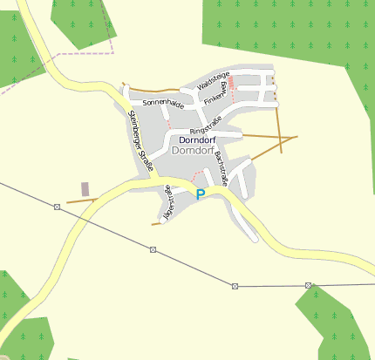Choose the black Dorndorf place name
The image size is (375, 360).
pos(197,139)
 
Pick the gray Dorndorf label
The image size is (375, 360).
pos(194,151)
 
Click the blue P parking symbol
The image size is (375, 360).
pos(201,194)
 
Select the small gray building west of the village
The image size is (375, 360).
pos(85,189)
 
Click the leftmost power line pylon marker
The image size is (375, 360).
pos(57,207)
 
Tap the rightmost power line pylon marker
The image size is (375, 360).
pos(309,285)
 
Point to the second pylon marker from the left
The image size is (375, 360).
pos(153,250)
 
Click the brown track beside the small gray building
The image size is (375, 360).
pos(80,200)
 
